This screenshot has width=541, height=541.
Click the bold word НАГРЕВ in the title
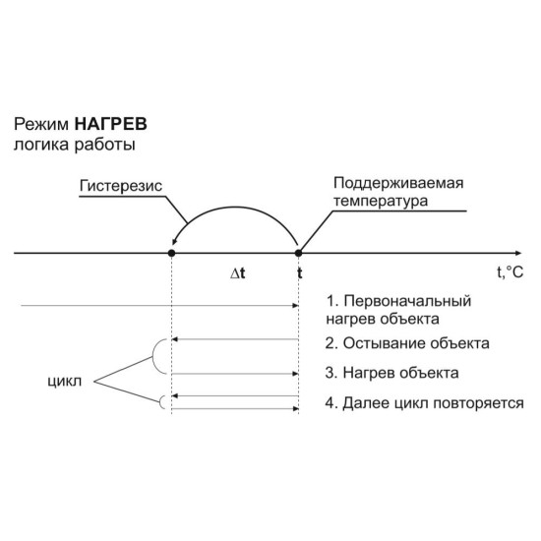[x=111, y=124]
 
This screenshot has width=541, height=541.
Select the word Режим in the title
[x=41, y=125]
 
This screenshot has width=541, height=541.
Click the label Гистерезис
[x=121, y=186]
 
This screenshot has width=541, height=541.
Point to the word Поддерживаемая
[x=398, y=184]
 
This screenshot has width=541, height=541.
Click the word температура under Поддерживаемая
[x=381, y=201]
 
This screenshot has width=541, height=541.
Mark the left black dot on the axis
[x=171, y=253]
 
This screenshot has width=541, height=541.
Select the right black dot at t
[x=298, y=253]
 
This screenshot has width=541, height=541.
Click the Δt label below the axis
[x=238, y=273]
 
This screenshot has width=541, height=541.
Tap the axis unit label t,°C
[x=510, y=272]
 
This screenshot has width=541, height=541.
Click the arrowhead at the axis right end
[x=518, y=253]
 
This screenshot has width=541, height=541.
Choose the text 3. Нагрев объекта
[x=391, y=373]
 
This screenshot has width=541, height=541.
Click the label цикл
[x=65, y=382]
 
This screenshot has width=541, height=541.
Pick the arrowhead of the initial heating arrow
[x=295, y=305]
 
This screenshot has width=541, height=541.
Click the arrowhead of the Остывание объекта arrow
[x=174, y=339]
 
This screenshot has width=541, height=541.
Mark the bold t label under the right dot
[x=300, y=272]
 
